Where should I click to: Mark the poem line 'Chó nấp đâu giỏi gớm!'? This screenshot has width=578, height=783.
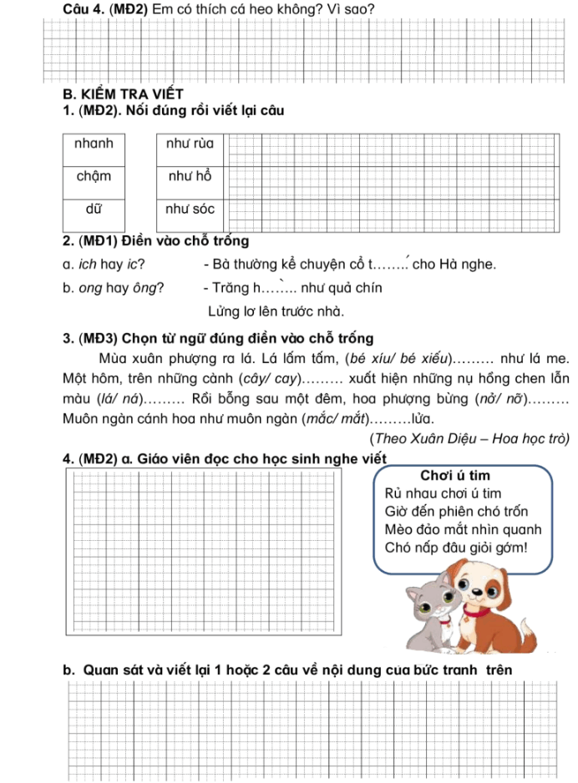(457, 548)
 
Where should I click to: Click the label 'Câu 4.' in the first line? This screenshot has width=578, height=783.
(84, 9)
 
